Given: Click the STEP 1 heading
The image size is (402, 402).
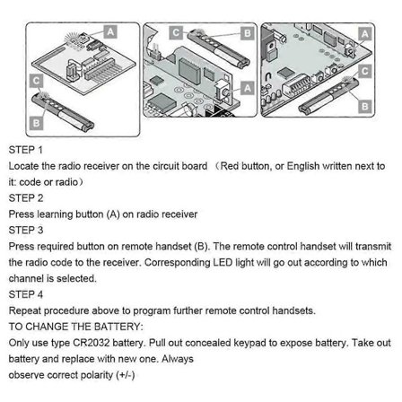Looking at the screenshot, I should coord(25,150).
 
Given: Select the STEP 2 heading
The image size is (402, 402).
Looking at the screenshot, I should coord(25,197).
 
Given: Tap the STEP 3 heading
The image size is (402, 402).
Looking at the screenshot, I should coord(25,230).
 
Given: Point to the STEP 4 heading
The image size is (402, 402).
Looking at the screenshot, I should coord(25,294).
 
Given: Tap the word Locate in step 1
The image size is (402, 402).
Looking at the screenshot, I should coord(22,166).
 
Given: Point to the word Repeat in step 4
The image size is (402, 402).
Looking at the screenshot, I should coord(24,310).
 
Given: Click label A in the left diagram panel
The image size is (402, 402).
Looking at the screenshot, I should coord(110,31).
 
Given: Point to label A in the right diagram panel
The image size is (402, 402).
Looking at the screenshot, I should coord(365,34).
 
